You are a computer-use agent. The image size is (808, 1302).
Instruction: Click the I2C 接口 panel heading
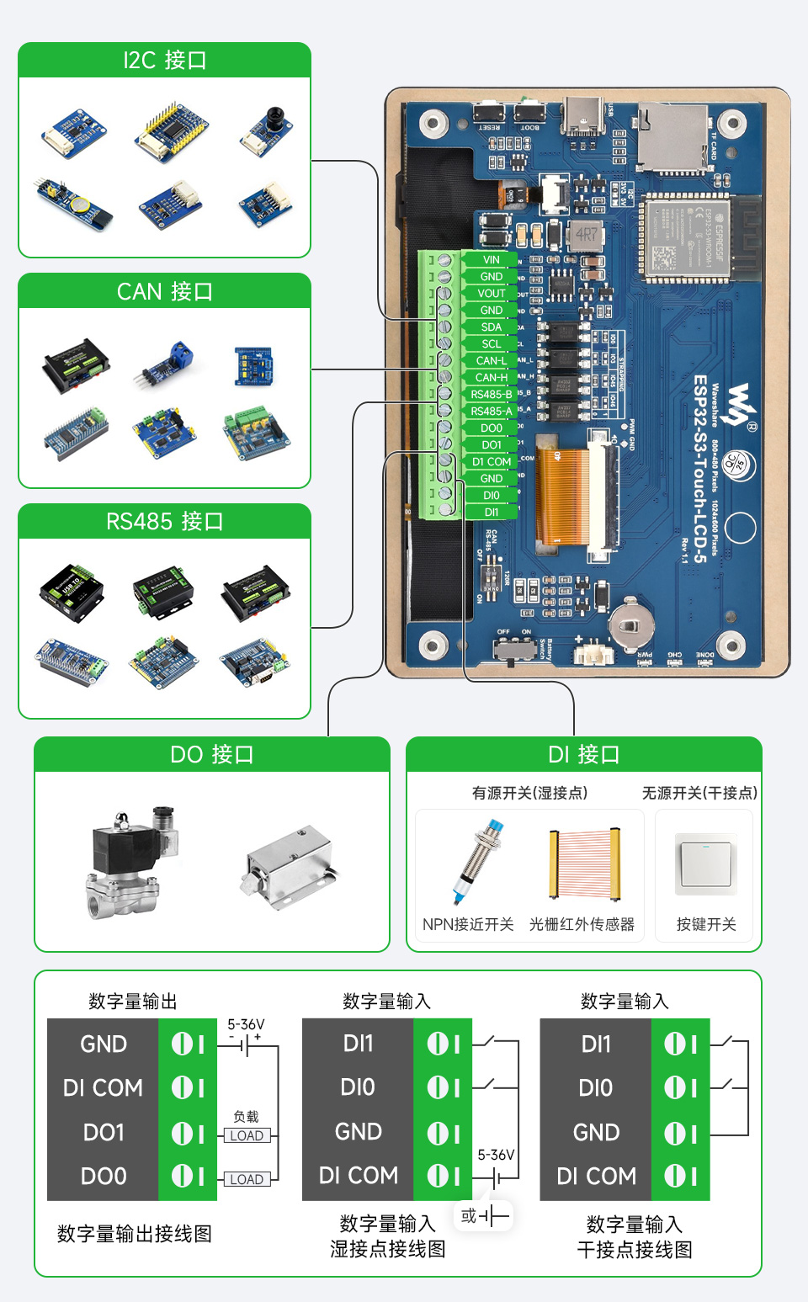[x=164, y=61]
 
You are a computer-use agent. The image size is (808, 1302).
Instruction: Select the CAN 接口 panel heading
[x=164, y=292]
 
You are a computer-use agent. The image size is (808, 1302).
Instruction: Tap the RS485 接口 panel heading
[x=164, y=522]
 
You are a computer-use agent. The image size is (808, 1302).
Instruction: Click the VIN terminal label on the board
[x=492, y=260]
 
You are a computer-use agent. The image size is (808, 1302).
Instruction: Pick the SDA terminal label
[x=492, y=327]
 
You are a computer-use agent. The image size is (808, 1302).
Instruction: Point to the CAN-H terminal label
[x=492, y=378]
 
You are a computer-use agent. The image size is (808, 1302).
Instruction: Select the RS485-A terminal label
[x=492, y=412]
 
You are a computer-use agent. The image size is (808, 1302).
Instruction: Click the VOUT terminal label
[x=492, y=294]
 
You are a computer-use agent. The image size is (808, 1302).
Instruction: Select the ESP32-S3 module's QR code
[x=664, y=258]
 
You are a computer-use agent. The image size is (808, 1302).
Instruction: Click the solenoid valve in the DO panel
[x=130, y=863]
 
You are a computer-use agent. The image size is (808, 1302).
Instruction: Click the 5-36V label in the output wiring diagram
[x=246, y=1025]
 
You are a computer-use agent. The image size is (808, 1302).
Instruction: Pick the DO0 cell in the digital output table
[x=104, y=1176]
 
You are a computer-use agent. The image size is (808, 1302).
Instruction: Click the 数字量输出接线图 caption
[x=134, y=1234]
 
